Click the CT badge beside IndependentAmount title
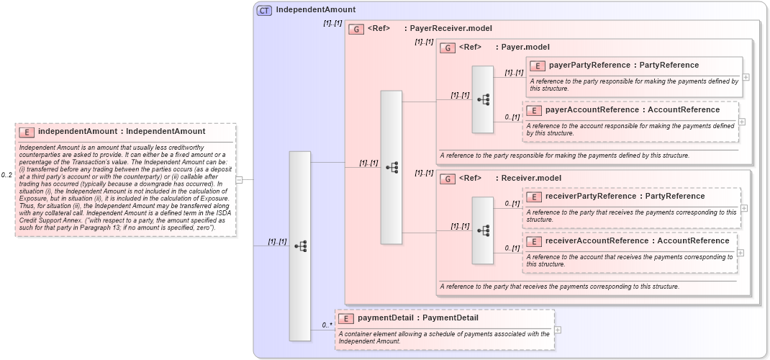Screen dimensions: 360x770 click(x=264, y=10)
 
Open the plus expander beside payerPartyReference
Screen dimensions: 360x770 click(x=746, y=77)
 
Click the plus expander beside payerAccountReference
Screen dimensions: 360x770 click(x=742, y=122)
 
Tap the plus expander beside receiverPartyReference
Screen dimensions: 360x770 click(x=744, y=208)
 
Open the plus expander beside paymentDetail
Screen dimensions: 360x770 click(x=558, y=330)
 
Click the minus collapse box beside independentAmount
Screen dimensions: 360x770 click(x=239, y=180)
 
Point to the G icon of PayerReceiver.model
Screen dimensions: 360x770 click(x=355, y=30)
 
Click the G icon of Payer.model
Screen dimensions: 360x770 click(x=448, y=48)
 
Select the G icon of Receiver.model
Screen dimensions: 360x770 click(x=448, y=179)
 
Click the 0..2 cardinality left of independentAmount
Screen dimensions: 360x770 click(x=6, y=175)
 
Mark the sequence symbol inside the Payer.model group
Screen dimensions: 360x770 click(x=483, y=99)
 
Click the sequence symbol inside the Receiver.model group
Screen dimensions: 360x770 click(x=483, y=230)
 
